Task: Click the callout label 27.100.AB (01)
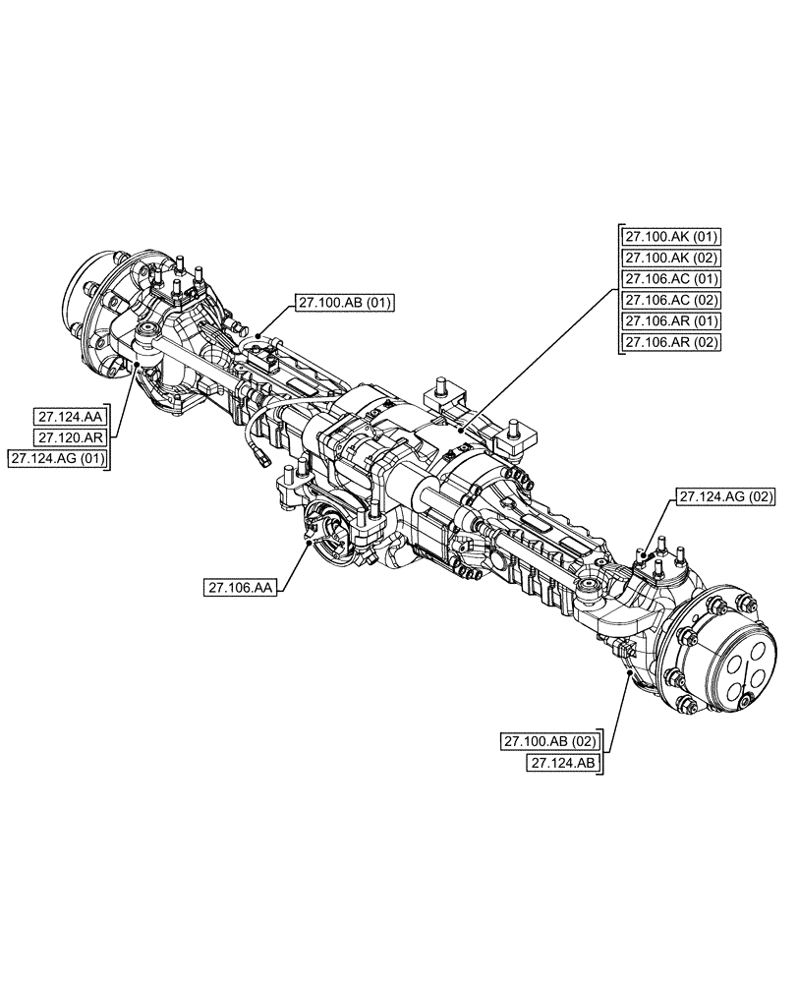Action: click(341, 304)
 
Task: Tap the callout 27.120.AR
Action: click(72, 436)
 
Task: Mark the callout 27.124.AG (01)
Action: click(58, 458)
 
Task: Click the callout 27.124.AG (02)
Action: click(723, 499)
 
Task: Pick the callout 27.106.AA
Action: click(240, 589)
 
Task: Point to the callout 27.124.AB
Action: click(564, 763)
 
